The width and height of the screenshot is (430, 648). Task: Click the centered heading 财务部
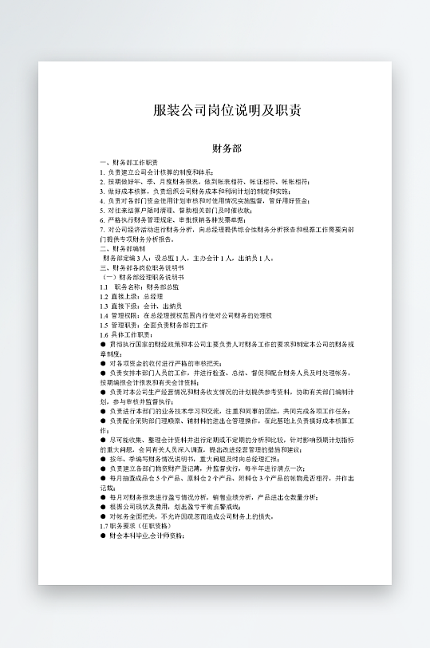[x=227, y=148]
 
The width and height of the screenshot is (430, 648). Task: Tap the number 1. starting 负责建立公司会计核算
[x=102, y=172]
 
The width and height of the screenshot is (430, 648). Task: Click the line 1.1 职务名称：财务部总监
[x=139, y=286]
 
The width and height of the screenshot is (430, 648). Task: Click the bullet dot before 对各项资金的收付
[x=102, y=363]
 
